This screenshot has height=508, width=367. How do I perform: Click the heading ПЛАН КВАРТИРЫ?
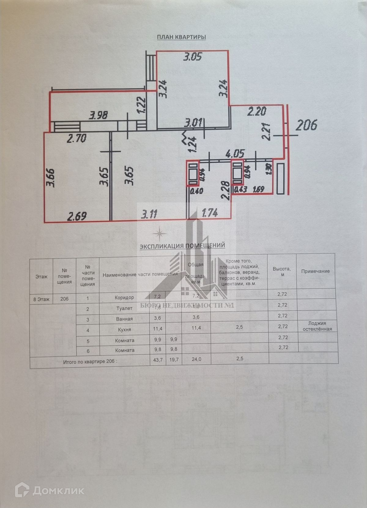point(181,37)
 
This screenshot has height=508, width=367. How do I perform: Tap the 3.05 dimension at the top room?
point(192,57)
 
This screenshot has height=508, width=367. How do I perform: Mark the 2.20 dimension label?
point(257,111)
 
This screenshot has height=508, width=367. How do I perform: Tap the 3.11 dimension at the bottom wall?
point(149,214)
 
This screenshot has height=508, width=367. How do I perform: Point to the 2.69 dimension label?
point(77,216)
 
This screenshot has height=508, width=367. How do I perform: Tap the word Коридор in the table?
point(124,297)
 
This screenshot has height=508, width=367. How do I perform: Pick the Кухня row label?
point(124,329)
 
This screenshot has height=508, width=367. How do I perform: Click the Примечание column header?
point(315,271)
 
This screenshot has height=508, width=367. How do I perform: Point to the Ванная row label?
point(124,319)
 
